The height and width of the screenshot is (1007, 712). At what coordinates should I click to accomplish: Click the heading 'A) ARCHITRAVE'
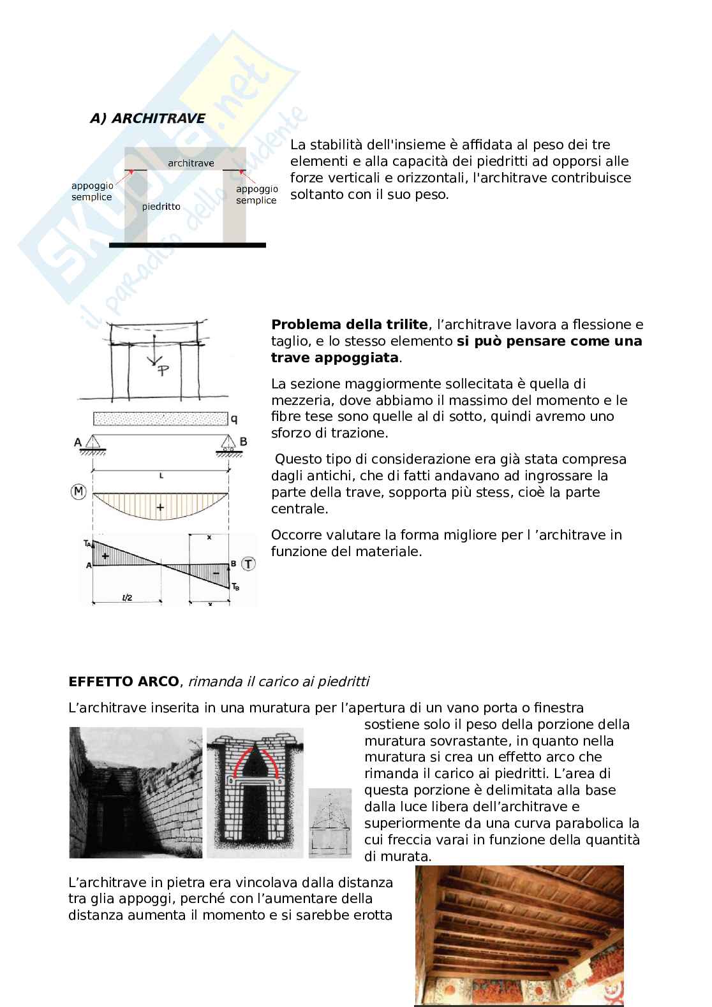pos(147,119)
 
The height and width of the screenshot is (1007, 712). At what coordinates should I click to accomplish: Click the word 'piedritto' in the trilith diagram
pos(161,207)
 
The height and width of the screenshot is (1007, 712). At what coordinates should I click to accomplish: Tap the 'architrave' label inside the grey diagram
pos(191,163)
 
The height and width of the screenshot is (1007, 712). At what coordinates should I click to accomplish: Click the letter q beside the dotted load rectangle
pos(234,419)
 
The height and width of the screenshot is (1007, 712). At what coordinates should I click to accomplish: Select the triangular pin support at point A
pos(93,443)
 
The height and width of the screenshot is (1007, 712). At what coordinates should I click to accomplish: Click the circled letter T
pos(249,563)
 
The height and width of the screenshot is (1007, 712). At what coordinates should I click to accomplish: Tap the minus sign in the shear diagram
pos(216,573)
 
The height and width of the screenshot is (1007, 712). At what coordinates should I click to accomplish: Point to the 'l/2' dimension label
pos(126,597)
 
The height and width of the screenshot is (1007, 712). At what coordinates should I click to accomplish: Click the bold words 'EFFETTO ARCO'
pos(124,682)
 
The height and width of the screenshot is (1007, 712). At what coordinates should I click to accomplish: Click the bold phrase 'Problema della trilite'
pos(349,325)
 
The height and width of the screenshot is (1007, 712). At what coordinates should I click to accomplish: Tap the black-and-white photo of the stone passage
pos(135,793)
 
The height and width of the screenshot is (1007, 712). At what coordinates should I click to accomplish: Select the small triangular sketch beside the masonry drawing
pos(330,823)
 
